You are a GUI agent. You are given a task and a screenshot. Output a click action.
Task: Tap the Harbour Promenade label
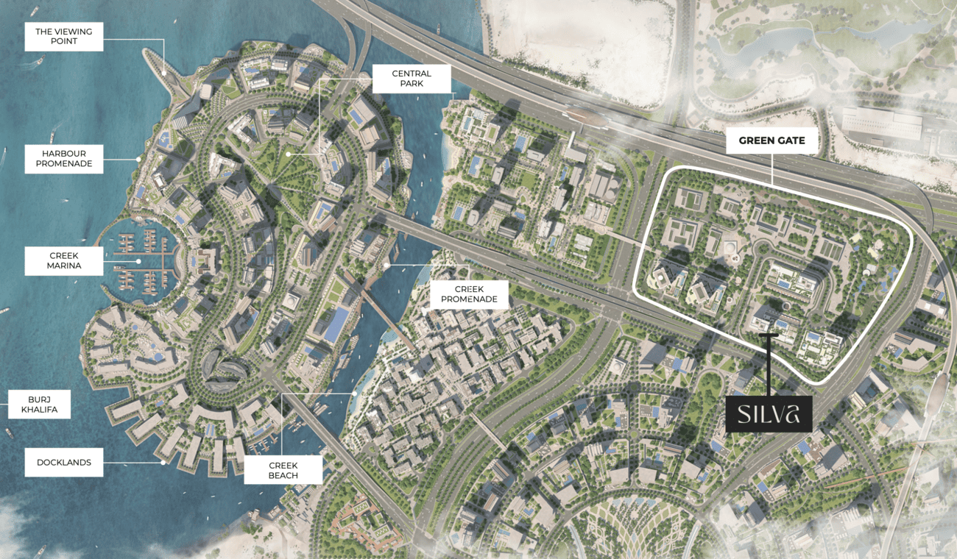click(64, 158)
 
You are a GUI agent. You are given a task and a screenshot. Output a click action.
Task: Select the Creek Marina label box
click(64, 260)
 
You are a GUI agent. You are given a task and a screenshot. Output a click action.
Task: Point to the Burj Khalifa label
click(39, 404)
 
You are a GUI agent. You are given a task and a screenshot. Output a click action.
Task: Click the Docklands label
click(64, 463)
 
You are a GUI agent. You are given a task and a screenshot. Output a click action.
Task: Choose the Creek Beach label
click(283, 470)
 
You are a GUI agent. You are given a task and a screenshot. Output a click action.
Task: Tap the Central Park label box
click(412, 79)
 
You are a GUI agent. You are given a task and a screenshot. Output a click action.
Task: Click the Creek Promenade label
click(469, 294)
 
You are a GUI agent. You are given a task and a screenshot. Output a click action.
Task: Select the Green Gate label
click(771, 140)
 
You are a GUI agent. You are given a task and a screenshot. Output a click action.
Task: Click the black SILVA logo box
click(769, 413)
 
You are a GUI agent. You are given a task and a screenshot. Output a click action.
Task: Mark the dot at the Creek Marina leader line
click(138, 260)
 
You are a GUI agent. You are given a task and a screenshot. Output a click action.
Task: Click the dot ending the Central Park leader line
click(289, 154)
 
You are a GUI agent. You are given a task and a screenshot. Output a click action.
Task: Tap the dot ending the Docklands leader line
click(163, 463)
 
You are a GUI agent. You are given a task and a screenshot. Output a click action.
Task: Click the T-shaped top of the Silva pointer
click(769, 336)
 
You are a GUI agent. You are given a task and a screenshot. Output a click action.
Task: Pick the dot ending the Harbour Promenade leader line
click(138, 158)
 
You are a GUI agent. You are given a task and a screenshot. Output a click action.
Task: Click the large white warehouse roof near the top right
click(880, 122)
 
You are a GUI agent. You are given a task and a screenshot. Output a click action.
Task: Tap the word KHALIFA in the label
click(39, 410)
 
